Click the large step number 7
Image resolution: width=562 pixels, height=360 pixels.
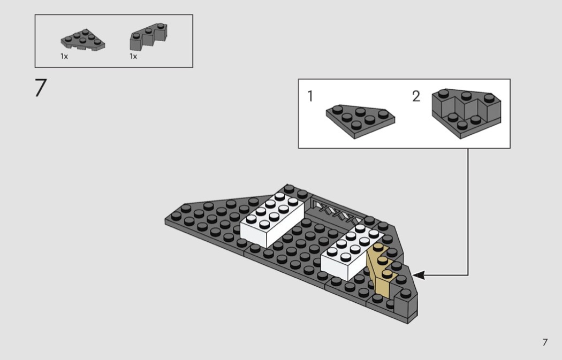point(41,88)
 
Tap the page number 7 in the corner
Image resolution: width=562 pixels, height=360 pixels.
point(545,342)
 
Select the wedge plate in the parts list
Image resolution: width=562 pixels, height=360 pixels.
point(82,40)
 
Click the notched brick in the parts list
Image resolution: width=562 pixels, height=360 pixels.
point(148,36)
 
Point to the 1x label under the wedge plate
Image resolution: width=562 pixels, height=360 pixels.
point(64,56)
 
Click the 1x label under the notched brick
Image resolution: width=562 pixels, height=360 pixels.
point(133,56)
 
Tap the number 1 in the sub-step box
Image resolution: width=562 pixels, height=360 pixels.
point(310,96)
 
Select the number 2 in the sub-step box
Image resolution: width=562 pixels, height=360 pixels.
point(416,96)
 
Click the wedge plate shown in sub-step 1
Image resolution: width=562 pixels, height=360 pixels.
point(360,121)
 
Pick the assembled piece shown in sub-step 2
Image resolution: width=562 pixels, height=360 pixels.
point(466,113)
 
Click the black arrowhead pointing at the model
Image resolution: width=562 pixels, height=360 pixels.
point(418,275)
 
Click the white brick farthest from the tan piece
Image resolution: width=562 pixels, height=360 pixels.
point(272,219)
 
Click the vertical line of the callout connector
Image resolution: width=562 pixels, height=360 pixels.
point(468,212)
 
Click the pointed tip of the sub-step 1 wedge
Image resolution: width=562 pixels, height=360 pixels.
point(354,138)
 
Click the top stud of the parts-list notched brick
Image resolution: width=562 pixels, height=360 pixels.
point(162,26)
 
